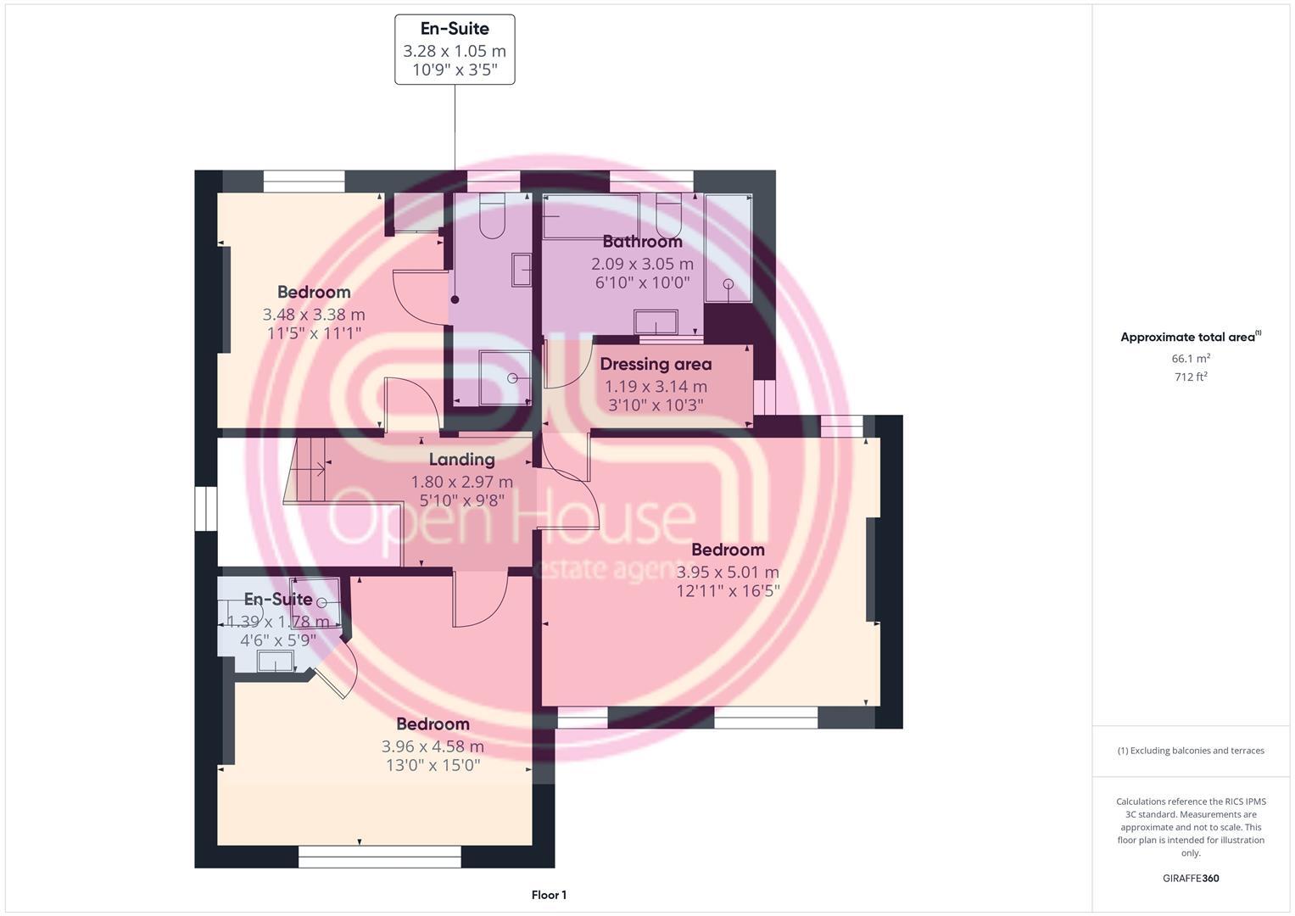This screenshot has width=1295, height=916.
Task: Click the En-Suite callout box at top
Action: click(455, 49)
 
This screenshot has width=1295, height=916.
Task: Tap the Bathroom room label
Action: click(642, 242)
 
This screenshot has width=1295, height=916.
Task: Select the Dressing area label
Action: click(656, 364)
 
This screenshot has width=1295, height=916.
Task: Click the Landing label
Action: click(461, 460)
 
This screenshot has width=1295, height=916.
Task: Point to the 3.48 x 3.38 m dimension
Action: click(314, 315)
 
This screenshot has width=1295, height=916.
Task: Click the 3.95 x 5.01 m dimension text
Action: click(728, 572)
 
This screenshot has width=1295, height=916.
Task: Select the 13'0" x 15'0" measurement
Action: click(433, 766)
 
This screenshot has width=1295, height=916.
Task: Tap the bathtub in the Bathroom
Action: click(590, 216)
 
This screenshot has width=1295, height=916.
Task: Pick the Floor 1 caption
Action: click(549, 895)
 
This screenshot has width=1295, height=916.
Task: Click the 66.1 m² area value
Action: click(1191, 359)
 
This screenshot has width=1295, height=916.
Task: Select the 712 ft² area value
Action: click(1191, 377)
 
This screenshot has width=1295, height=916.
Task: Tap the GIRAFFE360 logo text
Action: click(1191, 878)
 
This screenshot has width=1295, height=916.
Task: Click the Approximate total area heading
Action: click(1190, 338)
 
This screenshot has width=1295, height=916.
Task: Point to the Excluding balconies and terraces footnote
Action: click(1191, 751)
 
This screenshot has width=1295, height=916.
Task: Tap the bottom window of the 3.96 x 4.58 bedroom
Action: click(379, 857)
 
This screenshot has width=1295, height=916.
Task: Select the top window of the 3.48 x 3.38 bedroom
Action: click(304, 182)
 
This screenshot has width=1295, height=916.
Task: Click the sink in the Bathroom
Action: click(656, 322)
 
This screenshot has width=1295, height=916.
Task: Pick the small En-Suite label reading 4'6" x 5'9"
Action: click(278, 640)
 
